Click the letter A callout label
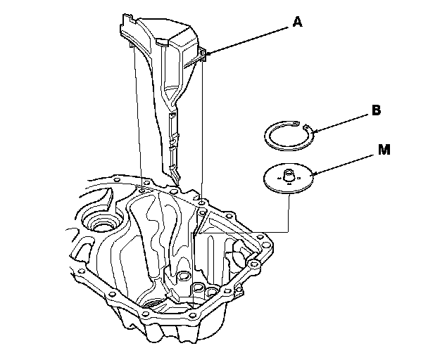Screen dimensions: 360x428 pos(297,22)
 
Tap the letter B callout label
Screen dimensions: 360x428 pos(376,111)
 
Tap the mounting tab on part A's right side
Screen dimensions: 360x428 pos(203,55)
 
